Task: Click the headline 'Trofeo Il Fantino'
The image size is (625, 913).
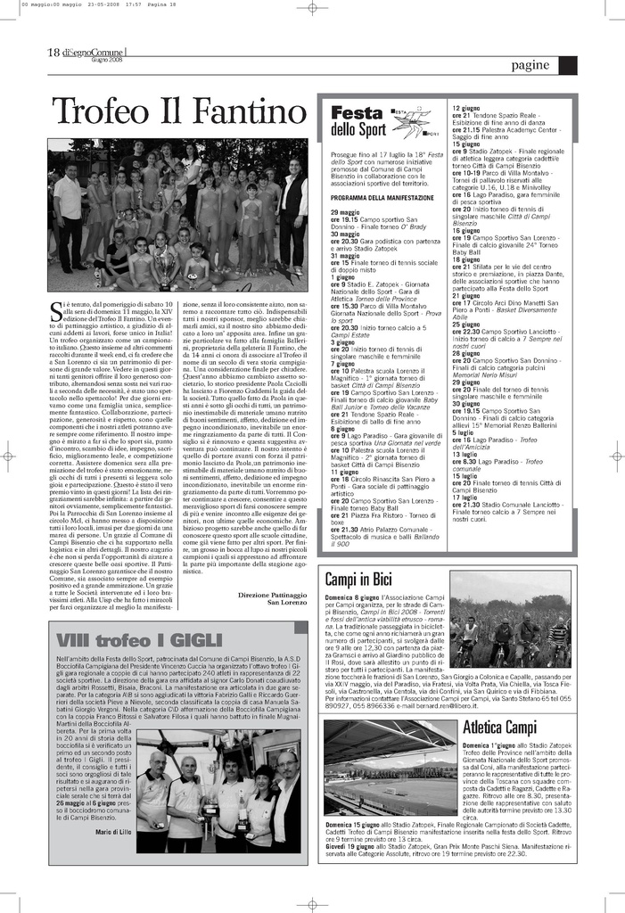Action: click(x=178, y=113)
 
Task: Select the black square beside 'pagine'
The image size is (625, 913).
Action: click(x=567, y=65)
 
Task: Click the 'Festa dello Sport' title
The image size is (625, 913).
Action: click(x=358, y=121)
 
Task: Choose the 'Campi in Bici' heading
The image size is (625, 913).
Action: click(x=358, y=580)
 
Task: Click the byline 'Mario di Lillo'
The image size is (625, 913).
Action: click(x=113, y=832)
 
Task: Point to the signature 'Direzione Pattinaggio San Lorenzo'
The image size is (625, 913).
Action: click(x=275, y=598)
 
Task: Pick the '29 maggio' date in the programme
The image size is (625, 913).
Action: click(x=346, y=212)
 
